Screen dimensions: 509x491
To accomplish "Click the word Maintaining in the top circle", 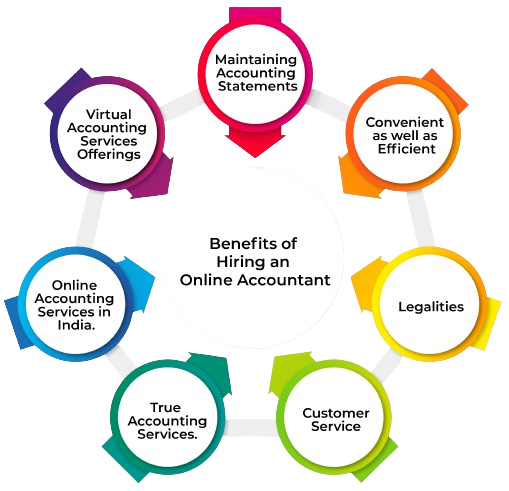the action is [256, 60].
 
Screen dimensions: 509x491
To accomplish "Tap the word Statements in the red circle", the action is [257, 86].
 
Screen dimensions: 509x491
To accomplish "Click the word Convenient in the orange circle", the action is [405, 122].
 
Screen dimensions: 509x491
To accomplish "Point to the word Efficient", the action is [406, 149].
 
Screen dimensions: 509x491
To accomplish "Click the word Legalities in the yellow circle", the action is [431, 307].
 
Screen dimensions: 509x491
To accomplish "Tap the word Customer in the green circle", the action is [336, 413].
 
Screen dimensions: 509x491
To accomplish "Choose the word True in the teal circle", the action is [166, 407].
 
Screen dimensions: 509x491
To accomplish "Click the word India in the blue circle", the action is [76, 325].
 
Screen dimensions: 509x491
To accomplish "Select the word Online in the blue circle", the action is [74, 285].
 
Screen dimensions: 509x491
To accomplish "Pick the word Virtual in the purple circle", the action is [108, 114].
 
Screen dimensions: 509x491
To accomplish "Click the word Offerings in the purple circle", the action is [109, 154].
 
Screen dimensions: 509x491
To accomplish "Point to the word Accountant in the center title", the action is [284, 280].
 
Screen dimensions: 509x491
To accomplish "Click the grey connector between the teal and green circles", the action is [251, 428].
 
